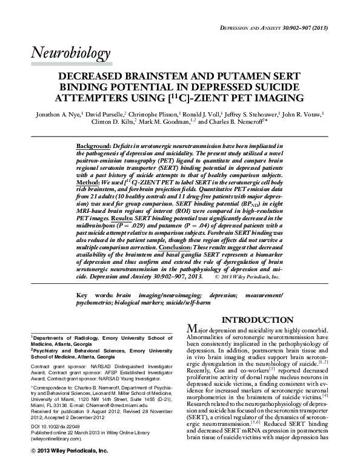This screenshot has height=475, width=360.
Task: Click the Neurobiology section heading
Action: [x=70, y=55]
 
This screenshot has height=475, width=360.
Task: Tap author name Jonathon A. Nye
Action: [x=57, y=113]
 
